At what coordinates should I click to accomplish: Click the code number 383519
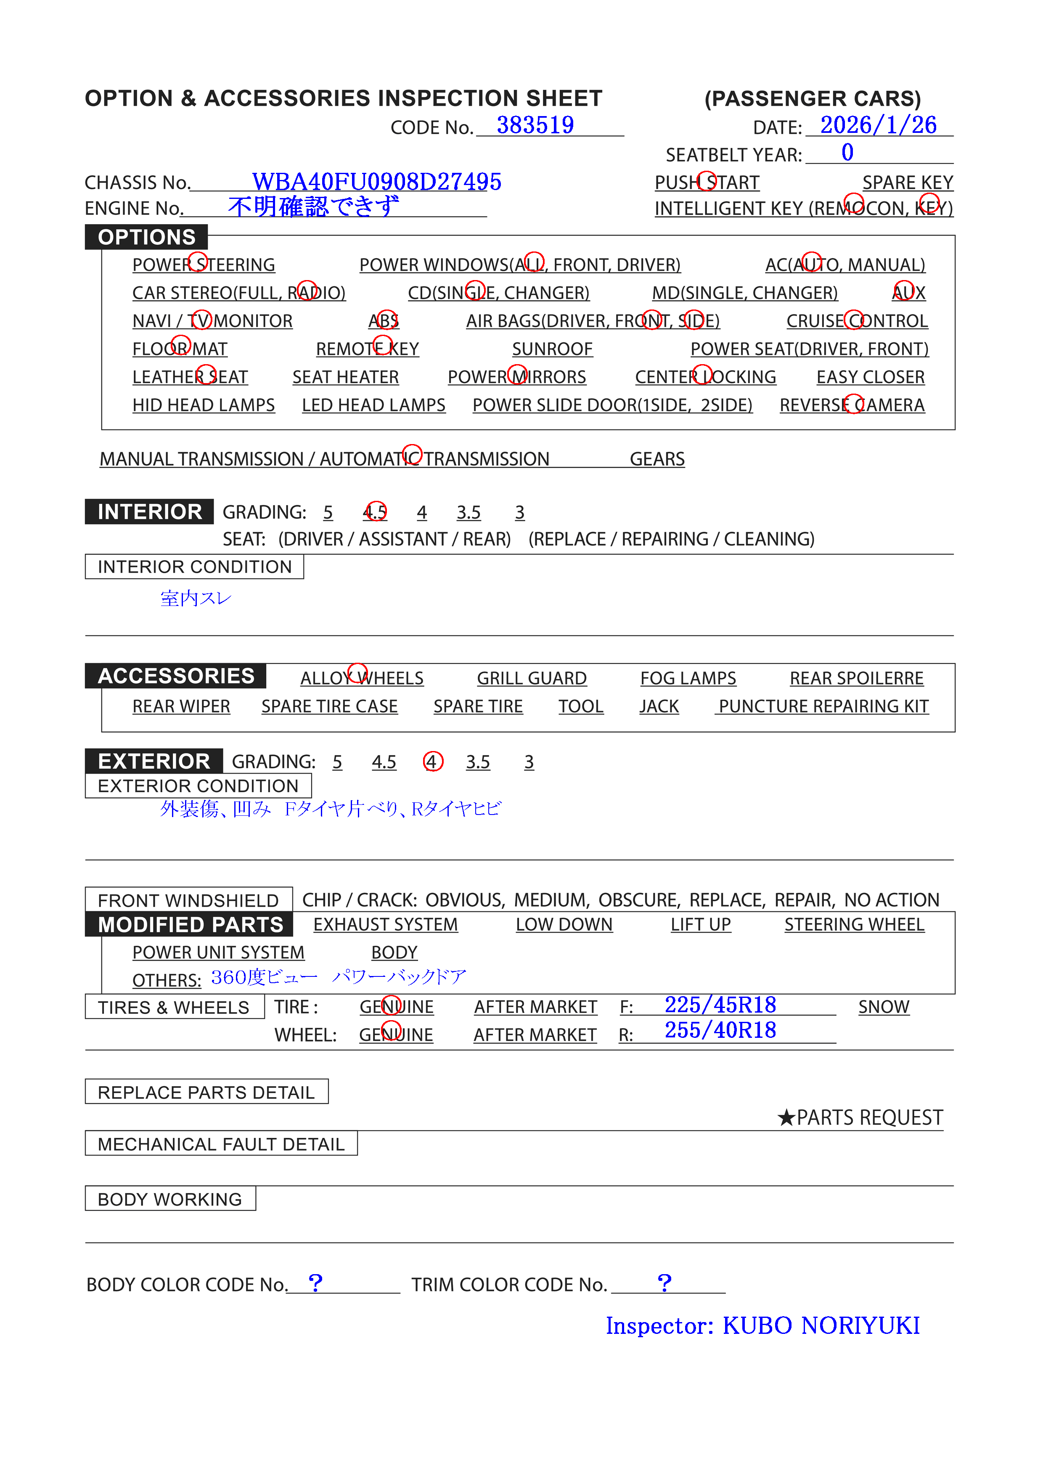pyautogui.click(x=535, y=125)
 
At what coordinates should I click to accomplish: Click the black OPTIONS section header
pyautogui.click(x=147, y=237)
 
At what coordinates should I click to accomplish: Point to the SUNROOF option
pyautogui.click(x=552, y=349)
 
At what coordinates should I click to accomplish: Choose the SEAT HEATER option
pyautogui.click(x=345, y=377)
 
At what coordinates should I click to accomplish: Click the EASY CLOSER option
pyautogui.click(x=870, y=377)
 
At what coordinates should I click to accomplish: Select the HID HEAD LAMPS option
pyautogui.click(x=203, y=406)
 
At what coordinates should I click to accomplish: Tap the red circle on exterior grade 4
pyautogui.click(x=433, y=762)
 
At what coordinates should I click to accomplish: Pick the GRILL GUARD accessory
pyautogui.click(x=531, y=679)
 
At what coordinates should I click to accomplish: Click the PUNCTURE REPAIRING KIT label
pyautogui.click(x=823, y=706)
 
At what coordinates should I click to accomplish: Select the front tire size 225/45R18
pyautogui.click(x=720, y=1005)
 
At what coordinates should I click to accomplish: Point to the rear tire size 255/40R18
pyautogui.click(x=720, y=1031)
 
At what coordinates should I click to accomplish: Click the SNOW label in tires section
pyautogui.click(x=884, y=1008)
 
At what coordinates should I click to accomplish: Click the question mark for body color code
pyautogui.click(x=315, y=1283)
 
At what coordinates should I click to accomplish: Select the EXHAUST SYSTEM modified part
pyautogui.click(x=385, y=925)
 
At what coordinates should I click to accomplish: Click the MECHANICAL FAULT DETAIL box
pyautogui.click(x=221, y=1144)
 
